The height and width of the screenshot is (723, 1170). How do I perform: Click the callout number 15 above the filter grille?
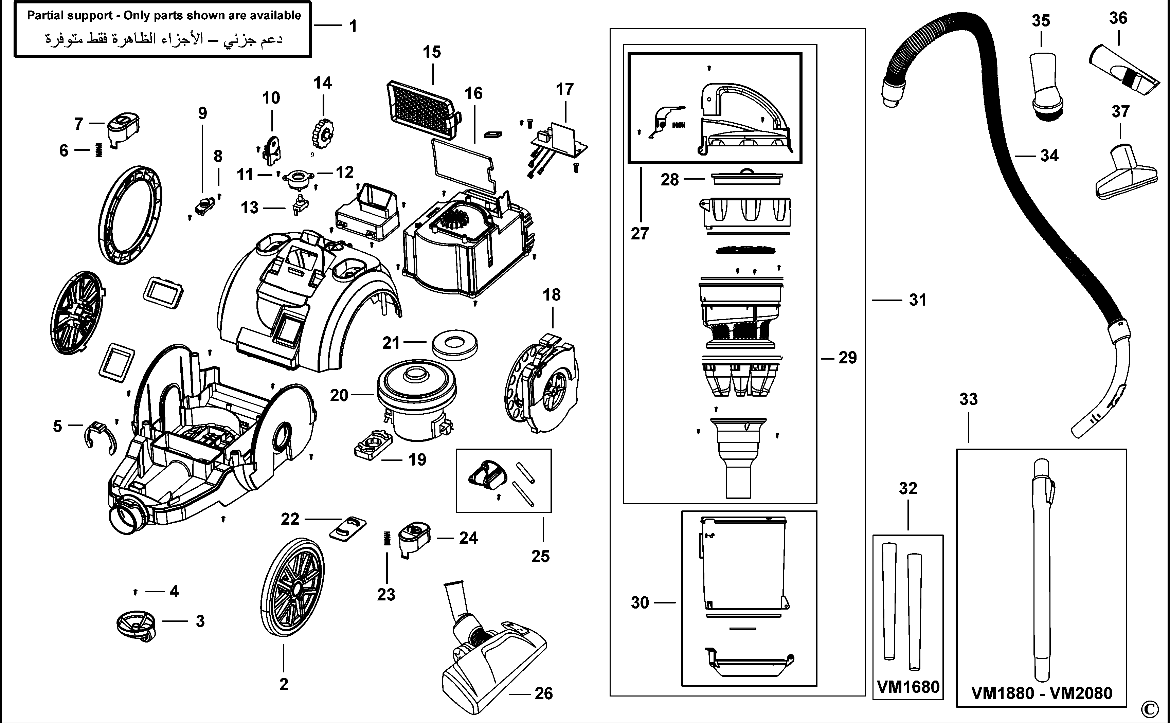coord(432,52)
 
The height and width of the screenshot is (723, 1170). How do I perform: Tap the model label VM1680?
coord(908,687)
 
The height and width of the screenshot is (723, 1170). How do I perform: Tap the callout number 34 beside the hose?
coord(1049,156)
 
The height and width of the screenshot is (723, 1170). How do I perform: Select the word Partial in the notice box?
coord(46,15)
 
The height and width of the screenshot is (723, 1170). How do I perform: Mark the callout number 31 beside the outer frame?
coord(918,300)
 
